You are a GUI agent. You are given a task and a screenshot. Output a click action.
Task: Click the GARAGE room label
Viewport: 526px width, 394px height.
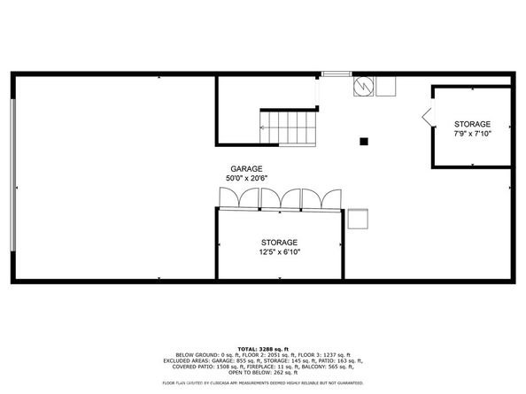(x=246, y=169)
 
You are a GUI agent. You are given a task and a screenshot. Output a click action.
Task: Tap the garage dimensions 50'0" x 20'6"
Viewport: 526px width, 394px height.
(x=246, y=179)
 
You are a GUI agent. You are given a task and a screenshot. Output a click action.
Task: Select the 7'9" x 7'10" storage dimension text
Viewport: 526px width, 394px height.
(x=472, y=134)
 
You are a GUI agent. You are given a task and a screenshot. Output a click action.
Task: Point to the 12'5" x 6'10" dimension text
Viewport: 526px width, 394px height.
(x=279, y=252)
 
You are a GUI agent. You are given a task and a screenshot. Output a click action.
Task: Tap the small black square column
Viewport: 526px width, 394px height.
(x=363, y=141)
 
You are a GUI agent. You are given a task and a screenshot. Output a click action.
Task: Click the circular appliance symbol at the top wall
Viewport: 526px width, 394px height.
(x=363, y=86)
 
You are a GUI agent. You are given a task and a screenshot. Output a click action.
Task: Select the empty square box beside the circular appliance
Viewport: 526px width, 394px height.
(x=385, y=85)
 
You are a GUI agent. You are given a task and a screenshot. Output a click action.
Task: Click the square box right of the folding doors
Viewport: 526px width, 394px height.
(x=358, y=219)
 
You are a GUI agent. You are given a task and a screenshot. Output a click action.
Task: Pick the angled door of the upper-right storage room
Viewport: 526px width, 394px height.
(x=427, y=116)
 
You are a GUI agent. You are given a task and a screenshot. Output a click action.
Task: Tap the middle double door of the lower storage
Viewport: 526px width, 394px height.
(x=280, y=200)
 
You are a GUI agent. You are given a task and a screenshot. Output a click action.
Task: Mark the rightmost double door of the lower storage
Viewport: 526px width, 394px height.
(x=321, y=200)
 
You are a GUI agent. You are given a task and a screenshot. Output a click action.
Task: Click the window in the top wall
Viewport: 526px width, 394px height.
(x=334, y=74)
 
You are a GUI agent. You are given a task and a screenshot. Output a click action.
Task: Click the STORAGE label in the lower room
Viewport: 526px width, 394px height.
(x=279, y=242)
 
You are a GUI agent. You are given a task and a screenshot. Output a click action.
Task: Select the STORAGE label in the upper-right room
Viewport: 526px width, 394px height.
(x=472, y=123)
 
